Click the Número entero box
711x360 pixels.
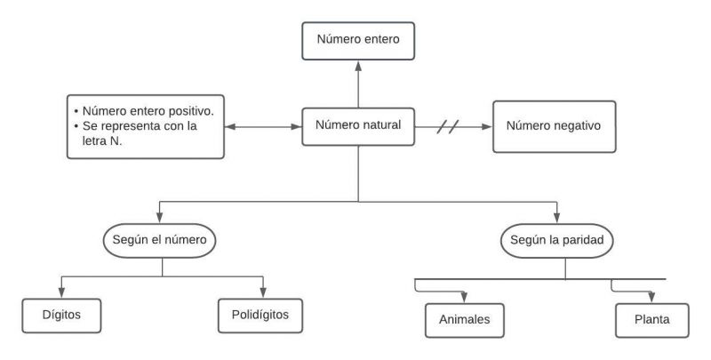(358, 40)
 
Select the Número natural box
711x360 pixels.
(358, 127)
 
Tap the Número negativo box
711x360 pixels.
(554, 126)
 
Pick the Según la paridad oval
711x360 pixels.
(556, 240)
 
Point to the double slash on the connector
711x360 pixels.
(452, 127)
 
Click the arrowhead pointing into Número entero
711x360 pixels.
(358, 65)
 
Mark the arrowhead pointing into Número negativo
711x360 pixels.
(487, 127)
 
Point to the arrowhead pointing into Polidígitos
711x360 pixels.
(264, 293)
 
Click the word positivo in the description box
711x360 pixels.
(198, 111)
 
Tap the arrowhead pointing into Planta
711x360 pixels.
(651, 299)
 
